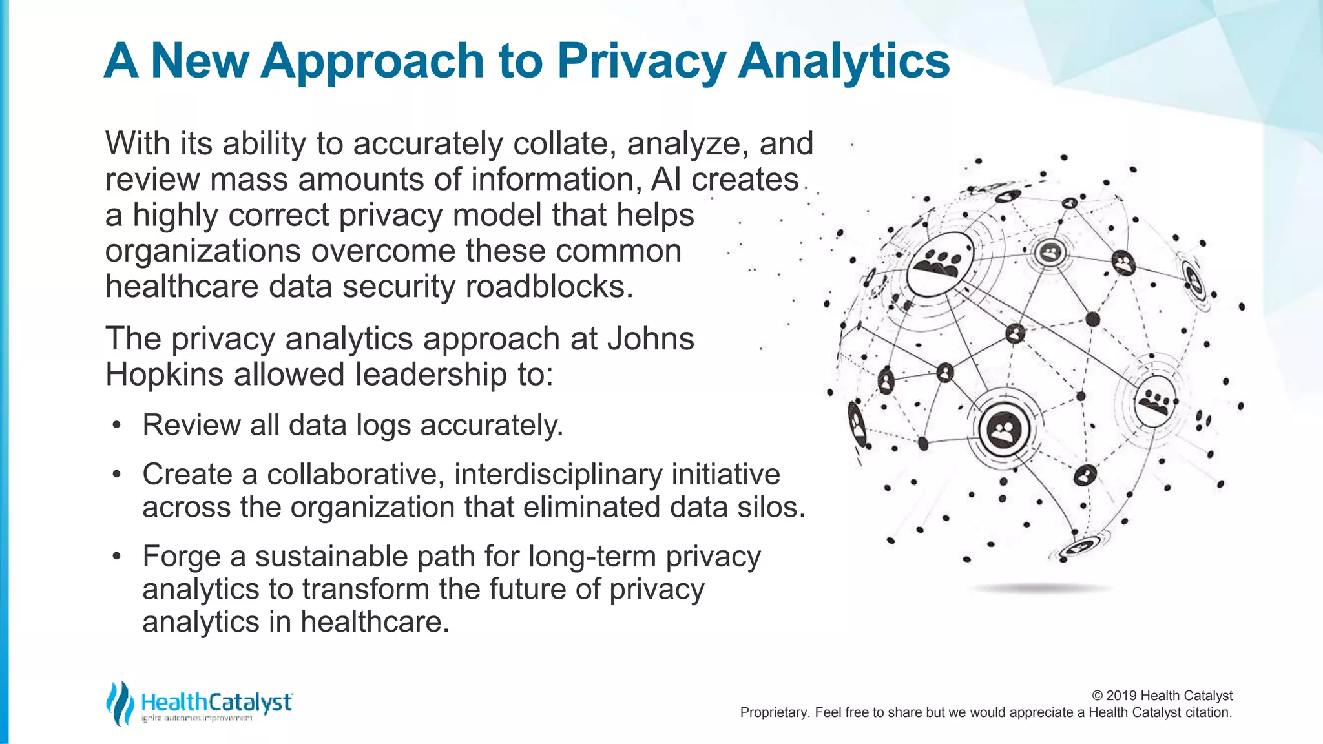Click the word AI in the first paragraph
pos(666,180)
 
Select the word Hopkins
pos(165,375)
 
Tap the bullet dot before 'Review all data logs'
pos(116,426)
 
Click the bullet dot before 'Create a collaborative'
pos(116,475)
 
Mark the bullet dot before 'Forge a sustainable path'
pos(116,557)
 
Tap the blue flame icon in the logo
pos(120,703)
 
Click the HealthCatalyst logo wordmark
pos(216,702)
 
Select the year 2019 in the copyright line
pos(1121,696)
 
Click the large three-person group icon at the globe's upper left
pos(939,263)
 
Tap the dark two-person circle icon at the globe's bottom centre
pos(1004,429)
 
